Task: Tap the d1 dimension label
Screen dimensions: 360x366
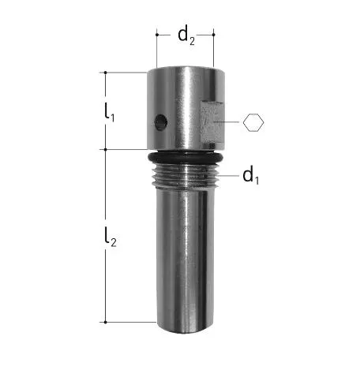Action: pos(251,175)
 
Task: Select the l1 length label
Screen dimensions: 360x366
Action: pos(109,112)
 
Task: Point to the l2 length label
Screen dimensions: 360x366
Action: pos(110,237)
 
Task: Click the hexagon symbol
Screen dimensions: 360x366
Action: pos(253,122)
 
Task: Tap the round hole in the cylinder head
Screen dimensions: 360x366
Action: pos(161,122)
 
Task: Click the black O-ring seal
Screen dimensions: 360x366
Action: pos(186,158)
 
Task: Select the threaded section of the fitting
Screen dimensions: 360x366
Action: pos(186,176)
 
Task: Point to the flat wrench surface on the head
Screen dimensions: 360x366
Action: pos(212,122)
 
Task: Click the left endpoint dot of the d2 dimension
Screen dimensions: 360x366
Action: pos(157,35)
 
